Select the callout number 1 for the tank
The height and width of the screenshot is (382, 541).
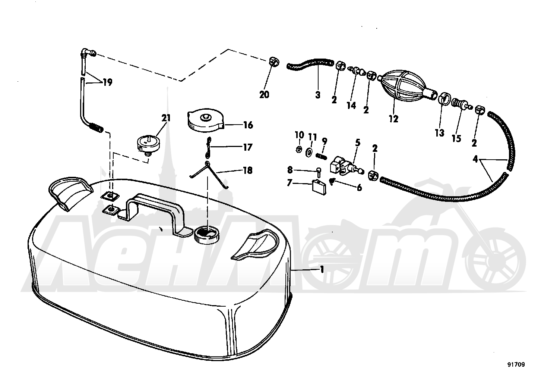(322, 270)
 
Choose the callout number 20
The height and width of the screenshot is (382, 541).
(264, 94)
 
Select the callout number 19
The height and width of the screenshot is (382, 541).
(108, 82)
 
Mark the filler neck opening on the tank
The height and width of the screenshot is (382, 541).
(207, 234)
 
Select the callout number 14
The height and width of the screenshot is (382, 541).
(351, 105)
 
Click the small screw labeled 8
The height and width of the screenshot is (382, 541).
(318, 172)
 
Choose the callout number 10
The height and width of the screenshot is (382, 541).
(300, 134)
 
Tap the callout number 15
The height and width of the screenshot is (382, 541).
(456, 138)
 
